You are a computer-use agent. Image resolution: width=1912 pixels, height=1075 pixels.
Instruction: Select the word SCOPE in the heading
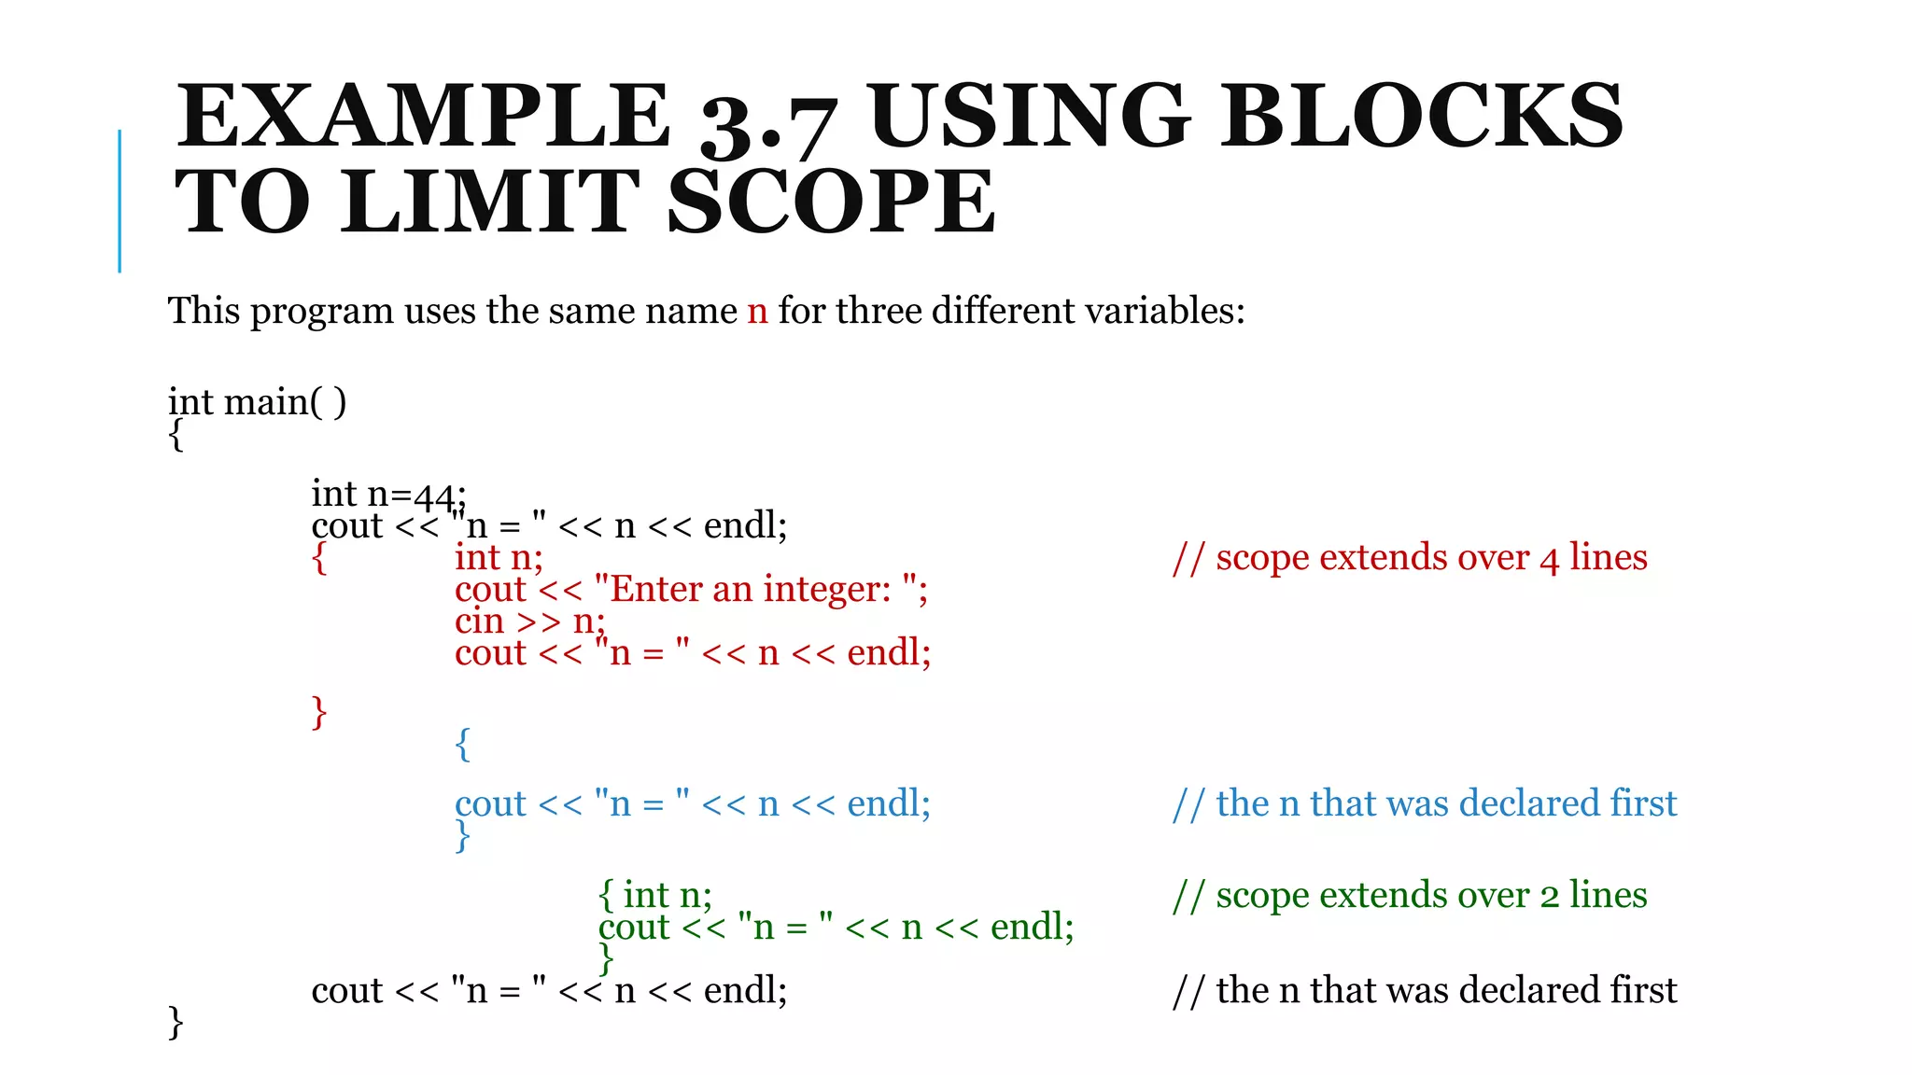tap(832, 202)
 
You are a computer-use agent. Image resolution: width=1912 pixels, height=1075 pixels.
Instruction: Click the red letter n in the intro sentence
tap(757, 312)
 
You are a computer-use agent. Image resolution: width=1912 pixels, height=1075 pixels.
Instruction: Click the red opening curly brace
tap(319, 558)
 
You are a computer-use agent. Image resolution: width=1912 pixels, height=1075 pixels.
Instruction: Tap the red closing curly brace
tap(319, 712)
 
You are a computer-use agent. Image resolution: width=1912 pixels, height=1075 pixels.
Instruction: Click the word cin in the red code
tap(479, 621)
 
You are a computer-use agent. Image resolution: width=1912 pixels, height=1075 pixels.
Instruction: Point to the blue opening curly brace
tap(462, 745)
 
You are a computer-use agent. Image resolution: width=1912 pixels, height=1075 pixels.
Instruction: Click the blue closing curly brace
tap(462, 836)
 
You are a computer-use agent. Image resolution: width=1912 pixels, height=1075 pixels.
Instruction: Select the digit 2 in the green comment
tap(1550, 897)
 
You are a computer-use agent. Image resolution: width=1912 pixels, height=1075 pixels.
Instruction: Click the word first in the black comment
tap(1643, 990)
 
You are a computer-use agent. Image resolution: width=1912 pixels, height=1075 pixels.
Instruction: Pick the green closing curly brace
tap(606, 958)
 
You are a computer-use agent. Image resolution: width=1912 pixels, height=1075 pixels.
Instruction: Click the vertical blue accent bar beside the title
tap(119, 201)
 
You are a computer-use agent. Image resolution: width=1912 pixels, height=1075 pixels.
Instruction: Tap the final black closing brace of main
tap(176, 1023)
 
